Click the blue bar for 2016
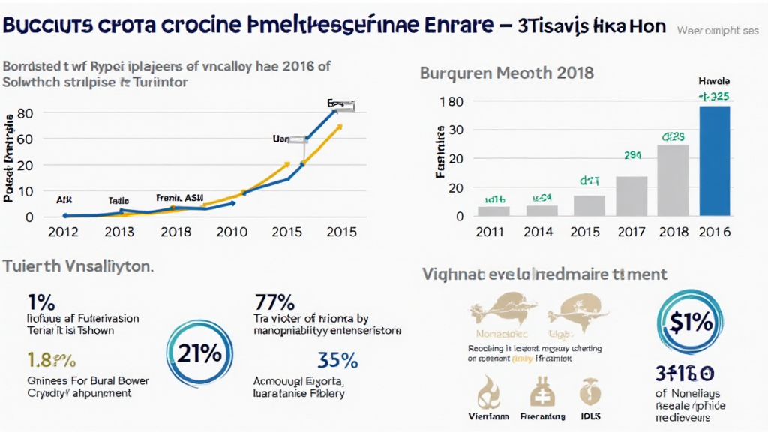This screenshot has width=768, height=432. (714, 160)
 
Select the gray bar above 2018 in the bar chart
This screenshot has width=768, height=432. (673, 180)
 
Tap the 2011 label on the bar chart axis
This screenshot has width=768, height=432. (492, 232)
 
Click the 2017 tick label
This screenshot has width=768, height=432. (631, 232)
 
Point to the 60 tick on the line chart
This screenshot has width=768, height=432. (24, 139)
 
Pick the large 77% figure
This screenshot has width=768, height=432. (274, 303)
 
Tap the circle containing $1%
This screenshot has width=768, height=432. (686, 322)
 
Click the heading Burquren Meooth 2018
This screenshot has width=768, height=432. (507, 73)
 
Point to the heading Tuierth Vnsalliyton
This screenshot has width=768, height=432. (79, 265)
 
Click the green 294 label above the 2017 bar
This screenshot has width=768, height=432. (632, 155)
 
